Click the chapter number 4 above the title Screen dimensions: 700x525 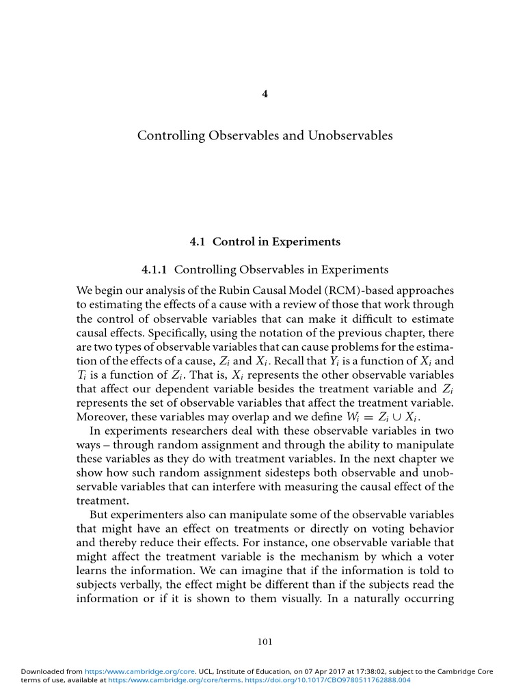265,94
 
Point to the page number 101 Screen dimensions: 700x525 265,641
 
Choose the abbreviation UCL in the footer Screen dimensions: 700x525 208,671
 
